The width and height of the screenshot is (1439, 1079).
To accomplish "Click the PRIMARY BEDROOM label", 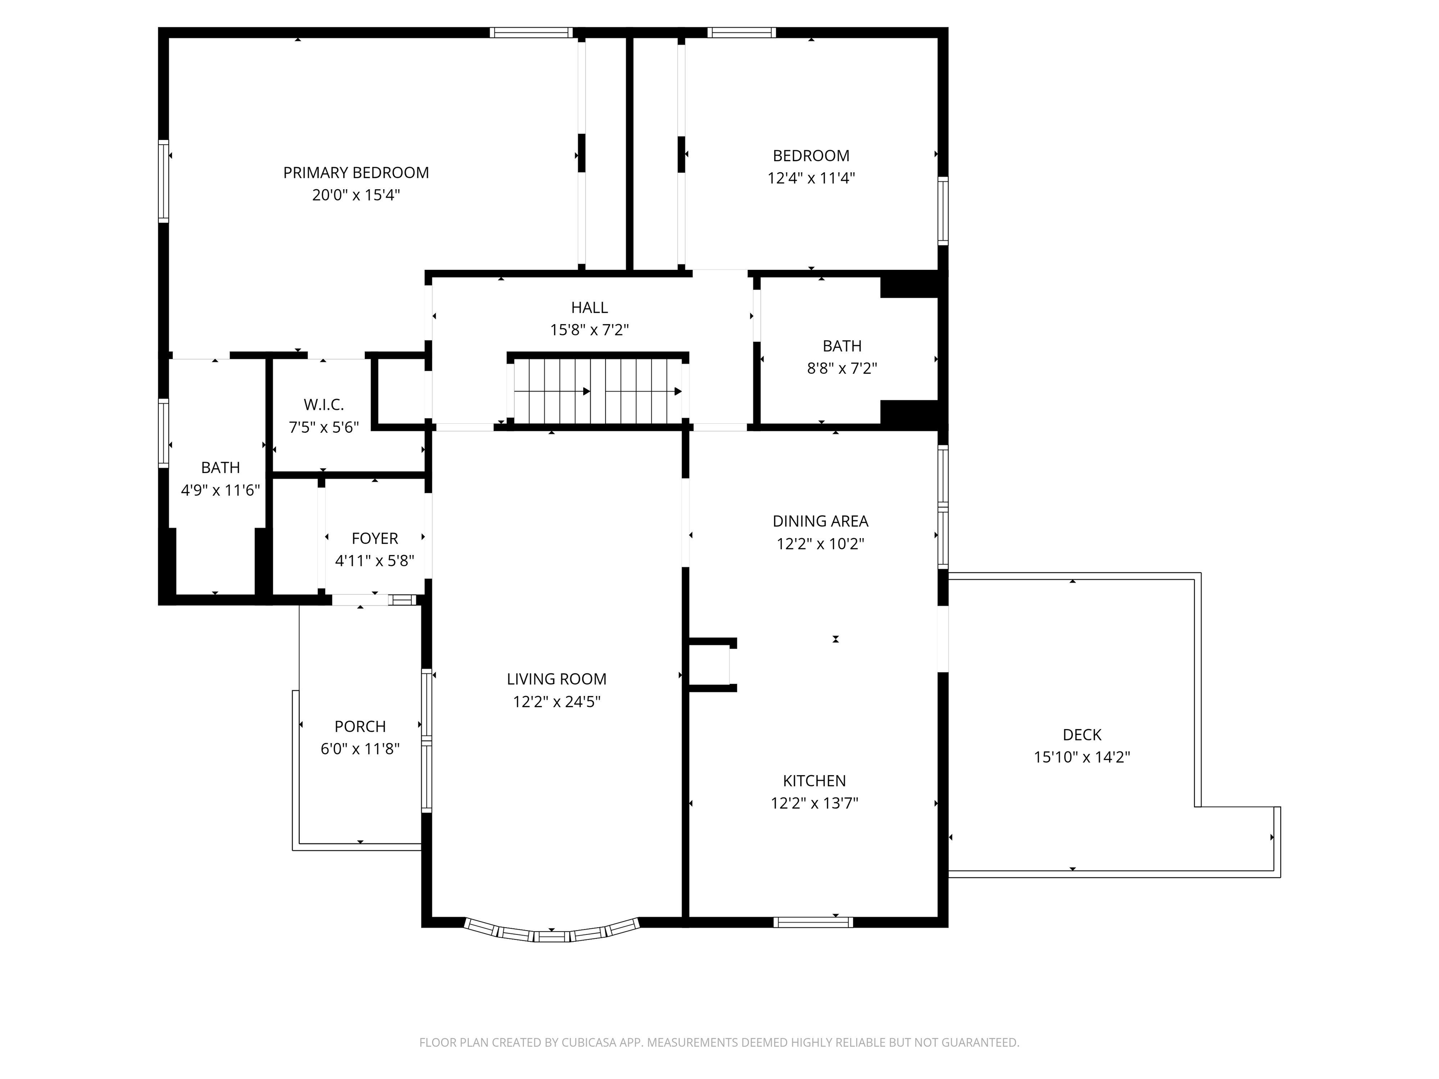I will pos(356,173).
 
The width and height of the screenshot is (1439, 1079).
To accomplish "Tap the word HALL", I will pos(589,308).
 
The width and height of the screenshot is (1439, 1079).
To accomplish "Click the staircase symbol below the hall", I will pos(597,392).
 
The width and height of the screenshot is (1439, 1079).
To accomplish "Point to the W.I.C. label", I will pos(323,405).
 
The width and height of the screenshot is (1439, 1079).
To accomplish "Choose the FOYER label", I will pos(375,539).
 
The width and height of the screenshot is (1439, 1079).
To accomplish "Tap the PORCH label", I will pos(360,726).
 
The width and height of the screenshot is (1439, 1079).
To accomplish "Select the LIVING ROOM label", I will pos(556,679).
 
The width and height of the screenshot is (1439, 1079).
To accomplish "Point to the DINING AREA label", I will pos(820,521).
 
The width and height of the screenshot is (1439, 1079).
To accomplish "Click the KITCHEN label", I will pos(814,781).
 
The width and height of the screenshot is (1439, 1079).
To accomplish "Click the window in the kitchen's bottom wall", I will pos(813,922).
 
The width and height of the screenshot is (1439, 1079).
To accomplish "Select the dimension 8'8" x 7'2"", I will pos(842,369).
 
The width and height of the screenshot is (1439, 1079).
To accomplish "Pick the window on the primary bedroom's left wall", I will pos(164,181).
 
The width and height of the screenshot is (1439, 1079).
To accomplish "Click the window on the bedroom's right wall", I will pos(942,210).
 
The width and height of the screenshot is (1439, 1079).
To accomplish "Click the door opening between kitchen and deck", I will pos(942,639).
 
